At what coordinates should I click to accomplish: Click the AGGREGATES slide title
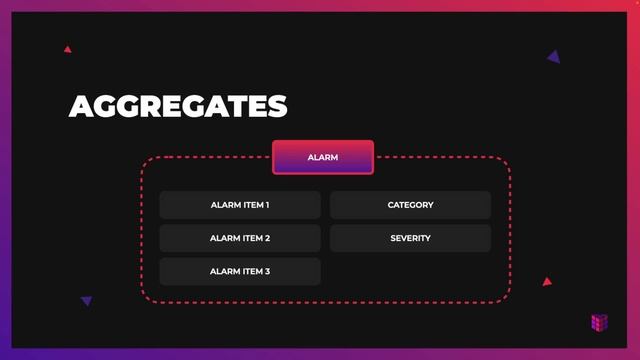pos(178,106)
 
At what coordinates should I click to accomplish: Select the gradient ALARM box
pos(323,157)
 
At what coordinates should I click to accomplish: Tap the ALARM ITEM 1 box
pos(240,205)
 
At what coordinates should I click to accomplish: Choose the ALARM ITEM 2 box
pos(240,238)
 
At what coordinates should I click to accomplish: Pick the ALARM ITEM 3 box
pos(240,271)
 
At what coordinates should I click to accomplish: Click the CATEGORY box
pos(410,205)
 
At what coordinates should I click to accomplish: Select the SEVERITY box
pos(410,238)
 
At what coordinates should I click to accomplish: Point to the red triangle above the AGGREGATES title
pos(67,48)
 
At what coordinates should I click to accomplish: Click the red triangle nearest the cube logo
pos(547,282)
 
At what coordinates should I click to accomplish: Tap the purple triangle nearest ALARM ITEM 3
pos(87,300)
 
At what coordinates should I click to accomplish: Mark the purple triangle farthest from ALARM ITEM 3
pos(554,57)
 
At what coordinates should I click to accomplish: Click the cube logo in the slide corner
pos(599,322)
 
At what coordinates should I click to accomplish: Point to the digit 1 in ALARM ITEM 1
pos(267,205)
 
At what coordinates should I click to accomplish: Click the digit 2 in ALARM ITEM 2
pos(267,238)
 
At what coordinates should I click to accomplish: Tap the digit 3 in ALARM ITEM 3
pos(267,271)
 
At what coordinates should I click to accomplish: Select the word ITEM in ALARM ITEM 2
pos(251,238)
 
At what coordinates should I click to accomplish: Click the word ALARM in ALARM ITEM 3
pos(224,271)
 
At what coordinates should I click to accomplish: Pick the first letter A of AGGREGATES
pos(81,106)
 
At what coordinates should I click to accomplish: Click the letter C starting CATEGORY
pos(391,205)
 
